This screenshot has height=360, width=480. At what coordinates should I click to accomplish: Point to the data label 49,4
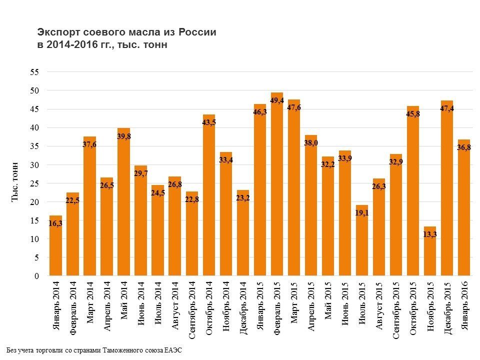tap(277, 100)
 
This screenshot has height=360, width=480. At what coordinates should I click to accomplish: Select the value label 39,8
tap(123, 136)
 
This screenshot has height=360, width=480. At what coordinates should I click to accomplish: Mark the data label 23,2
tap(243, 198)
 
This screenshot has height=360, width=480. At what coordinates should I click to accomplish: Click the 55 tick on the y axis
tap(34, 72)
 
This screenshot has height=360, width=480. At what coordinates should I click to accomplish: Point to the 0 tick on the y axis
tap(36, 276)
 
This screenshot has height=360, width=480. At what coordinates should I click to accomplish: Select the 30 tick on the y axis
tap(34, 165)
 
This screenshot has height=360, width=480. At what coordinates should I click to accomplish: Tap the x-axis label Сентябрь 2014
tap(192, 310)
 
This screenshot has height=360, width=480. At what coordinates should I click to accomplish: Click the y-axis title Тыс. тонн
tap(15, 182)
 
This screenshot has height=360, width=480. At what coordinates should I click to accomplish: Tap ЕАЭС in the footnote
tap(173, 350)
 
